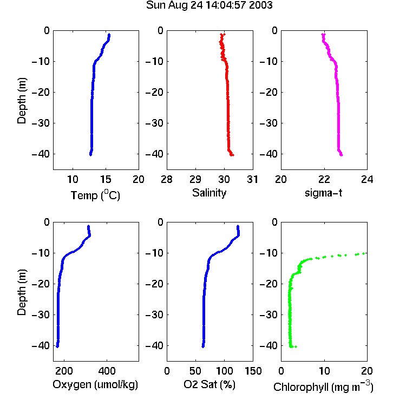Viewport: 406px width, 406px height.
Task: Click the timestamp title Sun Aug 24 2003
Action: (x=209, y=5)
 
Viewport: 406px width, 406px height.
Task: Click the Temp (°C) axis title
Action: (x=95, y=195)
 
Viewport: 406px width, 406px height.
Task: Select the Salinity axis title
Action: (x=209, y=193)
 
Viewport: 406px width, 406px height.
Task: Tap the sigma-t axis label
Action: (x=323, y=193)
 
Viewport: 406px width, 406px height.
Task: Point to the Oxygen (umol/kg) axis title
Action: (x=95, y=384)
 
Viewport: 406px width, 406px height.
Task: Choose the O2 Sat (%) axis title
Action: (x=209, y=384)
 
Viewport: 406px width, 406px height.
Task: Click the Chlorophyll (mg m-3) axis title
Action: (x=323, y=387)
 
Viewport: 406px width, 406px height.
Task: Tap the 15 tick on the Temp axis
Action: (x=106, y=179)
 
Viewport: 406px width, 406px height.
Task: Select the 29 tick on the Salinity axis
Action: (x=195, y=179)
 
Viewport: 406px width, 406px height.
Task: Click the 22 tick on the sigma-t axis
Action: (x=324, y=179)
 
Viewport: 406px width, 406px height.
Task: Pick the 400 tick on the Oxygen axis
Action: (x=107, y=371)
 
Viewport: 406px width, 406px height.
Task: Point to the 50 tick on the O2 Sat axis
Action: (x=195, y=371)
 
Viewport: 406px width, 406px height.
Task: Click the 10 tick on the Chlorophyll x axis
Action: (x=324, y=371)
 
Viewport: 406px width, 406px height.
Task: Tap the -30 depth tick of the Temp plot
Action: (x=41, y=123)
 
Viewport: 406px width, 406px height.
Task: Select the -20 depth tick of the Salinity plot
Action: (x=155, y=92)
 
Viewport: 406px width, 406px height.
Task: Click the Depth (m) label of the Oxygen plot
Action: (x=22, y=292)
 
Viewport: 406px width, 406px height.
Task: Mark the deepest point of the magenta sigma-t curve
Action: (x=342, y=155)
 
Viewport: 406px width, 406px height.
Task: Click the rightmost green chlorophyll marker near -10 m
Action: (x=364, y=253)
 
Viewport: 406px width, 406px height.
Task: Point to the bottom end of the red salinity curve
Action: (x=233, y=155)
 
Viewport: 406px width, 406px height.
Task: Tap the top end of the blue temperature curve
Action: (x=109, y=35)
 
